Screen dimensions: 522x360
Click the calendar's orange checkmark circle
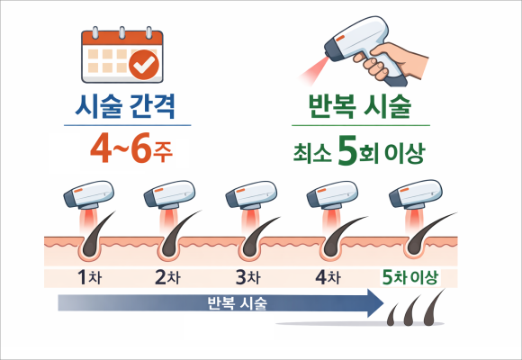(144, 65)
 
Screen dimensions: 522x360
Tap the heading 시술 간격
(125, 106)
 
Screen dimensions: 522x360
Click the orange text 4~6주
(131, 148)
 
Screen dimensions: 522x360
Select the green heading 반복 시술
(360, 106)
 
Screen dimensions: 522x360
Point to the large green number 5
(347, 150)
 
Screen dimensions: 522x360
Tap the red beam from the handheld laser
(313, 69)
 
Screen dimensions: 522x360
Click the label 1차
(89, 277)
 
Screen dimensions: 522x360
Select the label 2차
(167, 277)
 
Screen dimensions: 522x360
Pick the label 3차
(248, 277)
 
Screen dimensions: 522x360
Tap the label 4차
(328, 277)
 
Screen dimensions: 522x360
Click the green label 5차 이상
(409, 277)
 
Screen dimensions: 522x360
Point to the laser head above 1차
(88, 195)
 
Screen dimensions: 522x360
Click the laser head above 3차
(251, 195)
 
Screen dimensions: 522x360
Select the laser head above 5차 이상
(416, 194)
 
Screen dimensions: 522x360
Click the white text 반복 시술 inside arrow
(238, 303)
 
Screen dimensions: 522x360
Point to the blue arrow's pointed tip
(383, 303)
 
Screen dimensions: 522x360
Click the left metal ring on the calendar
(95, 32)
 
